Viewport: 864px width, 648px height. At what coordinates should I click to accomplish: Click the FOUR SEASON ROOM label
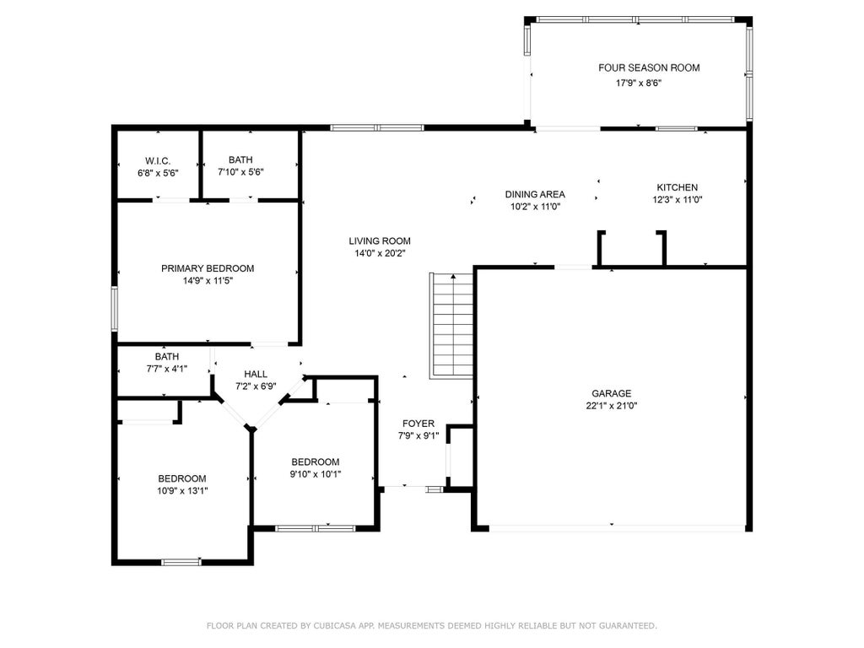[x=649, y=67]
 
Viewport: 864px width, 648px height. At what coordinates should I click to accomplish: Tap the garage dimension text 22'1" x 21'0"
[x=612, y=406]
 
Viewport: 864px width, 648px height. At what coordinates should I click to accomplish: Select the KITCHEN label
[x=678, y=187]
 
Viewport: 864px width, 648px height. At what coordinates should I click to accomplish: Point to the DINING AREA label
[x=535, y=194]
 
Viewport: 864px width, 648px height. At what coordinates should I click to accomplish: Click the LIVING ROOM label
[x=380, y=240]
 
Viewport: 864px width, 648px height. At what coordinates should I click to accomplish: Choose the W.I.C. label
[x=158, y=161]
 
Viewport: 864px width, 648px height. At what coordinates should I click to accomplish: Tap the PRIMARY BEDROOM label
[x=208, y=268]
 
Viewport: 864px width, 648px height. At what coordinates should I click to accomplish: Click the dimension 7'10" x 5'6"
[x=240, y=172]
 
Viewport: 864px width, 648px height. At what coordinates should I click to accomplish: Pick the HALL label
[x=256, y=374]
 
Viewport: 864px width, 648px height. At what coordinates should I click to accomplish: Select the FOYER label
[x=418, y=424]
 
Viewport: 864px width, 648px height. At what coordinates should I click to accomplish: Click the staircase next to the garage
[x=451, y=325]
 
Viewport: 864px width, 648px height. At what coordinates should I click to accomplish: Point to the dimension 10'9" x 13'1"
[x=182, y=491]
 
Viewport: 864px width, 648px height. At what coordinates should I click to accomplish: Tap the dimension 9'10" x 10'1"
[x=316, y=474]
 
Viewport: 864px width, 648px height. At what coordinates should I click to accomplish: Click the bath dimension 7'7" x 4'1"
[x=167, y=369]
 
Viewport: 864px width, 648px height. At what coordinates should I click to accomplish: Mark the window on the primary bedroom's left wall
[x=115, y=309]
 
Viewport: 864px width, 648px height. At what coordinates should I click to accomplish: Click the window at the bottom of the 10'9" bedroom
[x=181, y=562]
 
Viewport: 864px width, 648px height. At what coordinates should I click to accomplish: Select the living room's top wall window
[x=377, y=128]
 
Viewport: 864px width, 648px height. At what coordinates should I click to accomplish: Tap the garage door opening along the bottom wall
[x=617, y=528]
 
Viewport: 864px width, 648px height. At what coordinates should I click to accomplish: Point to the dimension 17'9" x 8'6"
[x=639, y=84]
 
